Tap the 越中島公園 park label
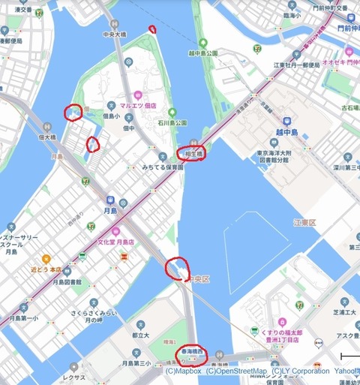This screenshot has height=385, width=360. pos(202,54)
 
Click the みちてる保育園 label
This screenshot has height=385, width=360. pos(163,168)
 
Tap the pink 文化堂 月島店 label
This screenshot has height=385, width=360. pos(115,242)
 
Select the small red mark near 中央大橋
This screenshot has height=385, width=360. pos(153,29)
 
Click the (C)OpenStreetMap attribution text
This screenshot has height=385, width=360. pos(236,371)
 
